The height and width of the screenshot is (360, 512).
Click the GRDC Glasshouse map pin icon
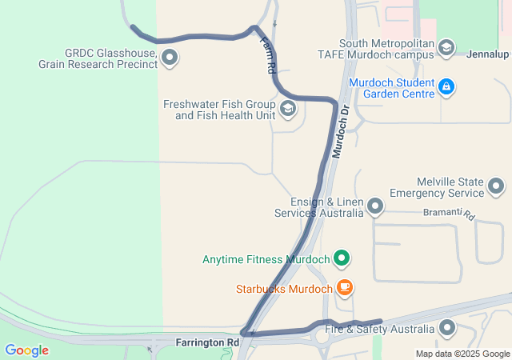point(170,57)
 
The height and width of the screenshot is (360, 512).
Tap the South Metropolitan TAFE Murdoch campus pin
point(446,49)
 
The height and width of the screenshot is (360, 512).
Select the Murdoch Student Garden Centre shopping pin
point(446,87)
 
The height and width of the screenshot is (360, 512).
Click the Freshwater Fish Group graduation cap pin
point(287,110)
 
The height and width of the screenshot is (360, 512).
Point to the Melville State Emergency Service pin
point(496,187)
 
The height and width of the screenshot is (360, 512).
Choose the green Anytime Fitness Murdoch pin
point(342,258)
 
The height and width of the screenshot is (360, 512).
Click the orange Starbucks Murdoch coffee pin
point(345,286)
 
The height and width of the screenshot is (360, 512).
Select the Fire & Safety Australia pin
point(446,328)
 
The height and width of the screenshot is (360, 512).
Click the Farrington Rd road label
point(207,342)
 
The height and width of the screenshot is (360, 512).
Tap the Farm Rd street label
point(268,58)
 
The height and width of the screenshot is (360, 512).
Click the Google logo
point(26,350)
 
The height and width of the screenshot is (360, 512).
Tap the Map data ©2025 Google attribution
point(462,354)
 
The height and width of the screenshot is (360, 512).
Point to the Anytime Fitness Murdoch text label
point(266,259)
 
